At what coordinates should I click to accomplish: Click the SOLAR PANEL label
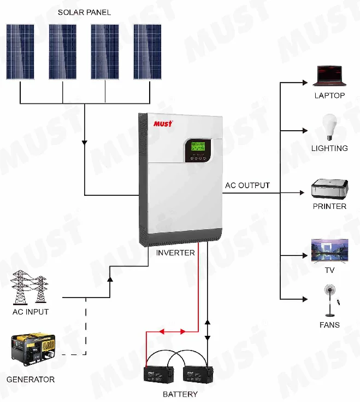pyautogui.click(x=84, y=13)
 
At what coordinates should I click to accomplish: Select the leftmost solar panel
pyautogui.click(x=20, y=52)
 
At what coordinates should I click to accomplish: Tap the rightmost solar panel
pyautogui.click(x=147, y=52)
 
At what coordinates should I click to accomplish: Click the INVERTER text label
pyautogui.click(x=175, y=253)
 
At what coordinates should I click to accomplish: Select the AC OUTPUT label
pyautogui.click(x=247, y=185)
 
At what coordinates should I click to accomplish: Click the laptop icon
pyautogui.click(x=329, y=77)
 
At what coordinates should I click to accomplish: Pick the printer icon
pyautogui.click(x=329, y=189)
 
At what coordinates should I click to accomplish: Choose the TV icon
pyautogui.click(x=329, y=251)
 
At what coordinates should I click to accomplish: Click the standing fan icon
pyautogui.click(x=330, y=300)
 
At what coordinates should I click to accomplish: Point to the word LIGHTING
pyautogui.click(x=329, y=148)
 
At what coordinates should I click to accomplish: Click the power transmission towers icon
pyautogui.click(x=29, y=288)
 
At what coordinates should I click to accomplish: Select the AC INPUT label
pyautogui.click(x=31, y=312)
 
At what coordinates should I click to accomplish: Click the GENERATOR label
pyautogui.click(x=31, y=379)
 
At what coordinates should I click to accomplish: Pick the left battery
pyautogui.click(x=159, y=375)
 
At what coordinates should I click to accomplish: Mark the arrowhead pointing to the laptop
pyautogui.click(x=304, y=83)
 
